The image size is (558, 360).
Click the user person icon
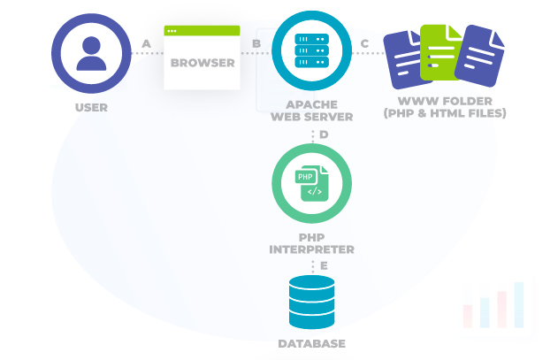(91, 53)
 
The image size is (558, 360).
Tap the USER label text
(91, 108)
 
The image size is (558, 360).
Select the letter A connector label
(146, 42)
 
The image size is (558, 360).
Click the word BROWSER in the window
(203, 63)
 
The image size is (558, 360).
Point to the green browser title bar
(203, 31)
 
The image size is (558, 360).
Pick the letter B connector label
(256, 42)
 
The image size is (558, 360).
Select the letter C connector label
(365, 42)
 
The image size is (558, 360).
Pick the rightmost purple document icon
(483, 60)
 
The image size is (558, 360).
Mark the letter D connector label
(324, 134)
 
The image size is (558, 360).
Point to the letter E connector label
(324, 264)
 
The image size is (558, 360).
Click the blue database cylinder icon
(312, 301)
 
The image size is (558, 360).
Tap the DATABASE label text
(312, 343)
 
